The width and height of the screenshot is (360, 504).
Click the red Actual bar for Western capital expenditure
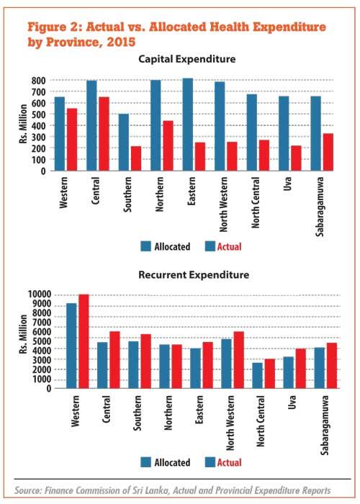pyautogui.click(x=72, y=140)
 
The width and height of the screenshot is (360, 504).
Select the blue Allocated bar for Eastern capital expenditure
pyautogui.click(x=188, y=125)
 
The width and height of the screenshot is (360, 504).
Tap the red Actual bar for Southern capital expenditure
pyautogui.click(x=136, y=158)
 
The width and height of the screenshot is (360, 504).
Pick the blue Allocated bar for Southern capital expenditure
pyautogui.click(x=124, y=142)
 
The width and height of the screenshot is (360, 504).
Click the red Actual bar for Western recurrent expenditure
pyautogui.click(x=84, y=341)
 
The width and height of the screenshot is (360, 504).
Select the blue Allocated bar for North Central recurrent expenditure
pyautogui.click(x=257, y=375)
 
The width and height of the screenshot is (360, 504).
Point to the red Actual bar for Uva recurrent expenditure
pyautogui.click(x=300, y=369)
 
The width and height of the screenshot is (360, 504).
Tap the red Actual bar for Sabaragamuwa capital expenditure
pyautogui.click(x=328, y=152)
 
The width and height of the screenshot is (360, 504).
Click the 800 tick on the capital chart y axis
pyautogui.click(x=39, y=81)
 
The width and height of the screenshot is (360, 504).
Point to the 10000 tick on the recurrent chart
pyautogui.click(x=40, y=294)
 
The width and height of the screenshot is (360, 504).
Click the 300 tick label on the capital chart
pyautogui.click(x=39, y=137)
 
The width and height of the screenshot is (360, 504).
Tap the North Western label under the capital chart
pyautogui.click(x=223, y=204)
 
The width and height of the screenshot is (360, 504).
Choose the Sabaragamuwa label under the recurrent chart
pyautogui.click(x=325, y=425)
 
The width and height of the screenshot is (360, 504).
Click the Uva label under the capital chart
pyautogui.click(x=287, y=184)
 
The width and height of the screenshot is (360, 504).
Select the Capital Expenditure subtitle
pyautogui.click(x=186, y=59)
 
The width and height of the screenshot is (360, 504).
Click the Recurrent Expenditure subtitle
pyautogui.click(x=194, y=275)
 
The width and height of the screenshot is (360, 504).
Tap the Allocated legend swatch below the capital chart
pyautogui.click(x=146, y=246)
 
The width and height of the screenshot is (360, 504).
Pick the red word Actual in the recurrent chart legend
pyautogui.click(x=229, y=462)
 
